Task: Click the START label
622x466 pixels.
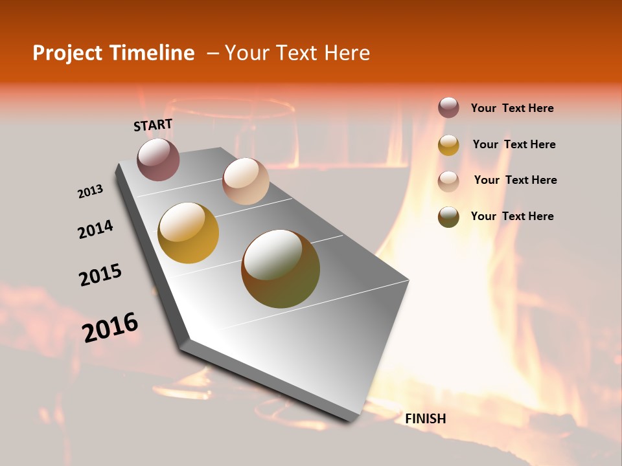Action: pos(153,125)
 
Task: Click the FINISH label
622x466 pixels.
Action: pos(425,419)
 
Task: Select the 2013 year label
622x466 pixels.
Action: pos(90,192)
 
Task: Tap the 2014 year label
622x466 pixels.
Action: pos(95,229)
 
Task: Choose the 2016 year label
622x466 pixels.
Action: pos(110,327)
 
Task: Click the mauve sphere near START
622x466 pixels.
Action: pos(158,159)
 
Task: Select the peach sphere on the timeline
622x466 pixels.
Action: pos(246,181)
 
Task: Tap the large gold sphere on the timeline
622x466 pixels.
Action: pos(189,233)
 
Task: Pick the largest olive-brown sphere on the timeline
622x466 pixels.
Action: pos(281,269)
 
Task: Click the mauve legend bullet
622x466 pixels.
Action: pos(448,108)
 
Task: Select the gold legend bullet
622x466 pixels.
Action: pos(448,145)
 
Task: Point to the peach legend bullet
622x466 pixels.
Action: pos(448,181)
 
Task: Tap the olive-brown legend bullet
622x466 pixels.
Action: pos(448,217)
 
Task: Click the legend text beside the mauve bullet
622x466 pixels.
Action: pos(512,109)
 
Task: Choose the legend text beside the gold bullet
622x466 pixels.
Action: pos(514,144)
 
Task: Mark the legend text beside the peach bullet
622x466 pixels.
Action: pos(515,180)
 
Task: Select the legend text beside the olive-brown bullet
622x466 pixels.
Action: pos(512,216)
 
